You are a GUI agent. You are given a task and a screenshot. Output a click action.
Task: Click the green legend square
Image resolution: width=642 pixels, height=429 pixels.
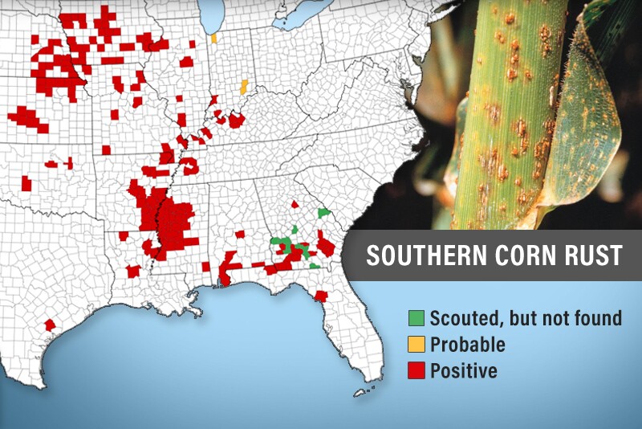tap(416, 318)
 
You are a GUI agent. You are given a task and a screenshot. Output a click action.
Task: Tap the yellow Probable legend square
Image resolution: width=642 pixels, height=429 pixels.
tap(416, 345)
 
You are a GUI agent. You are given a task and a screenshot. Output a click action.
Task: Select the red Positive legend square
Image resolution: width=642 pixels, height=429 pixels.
tap(416, 371)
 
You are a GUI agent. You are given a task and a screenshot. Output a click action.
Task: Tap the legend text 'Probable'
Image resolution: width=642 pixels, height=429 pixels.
tap(468, 345)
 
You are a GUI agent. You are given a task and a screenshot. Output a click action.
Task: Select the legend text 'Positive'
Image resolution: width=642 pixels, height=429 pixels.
tap(464, 371)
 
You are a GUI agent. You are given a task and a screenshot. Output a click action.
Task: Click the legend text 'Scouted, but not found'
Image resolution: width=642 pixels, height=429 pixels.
tap(526, 318)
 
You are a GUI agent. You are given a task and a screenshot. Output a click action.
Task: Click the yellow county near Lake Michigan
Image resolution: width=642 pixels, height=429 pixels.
tap(213, 38)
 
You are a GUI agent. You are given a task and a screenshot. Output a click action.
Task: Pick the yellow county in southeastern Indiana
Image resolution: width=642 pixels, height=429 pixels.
tap(243, 85)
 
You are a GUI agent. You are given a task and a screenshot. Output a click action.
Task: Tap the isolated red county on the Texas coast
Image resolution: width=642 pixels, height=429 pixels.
tap(50, 325)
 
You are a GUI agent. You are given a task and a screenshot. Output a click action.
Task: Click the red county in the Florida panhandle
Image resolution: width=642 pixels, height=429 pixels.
tap(321, 296)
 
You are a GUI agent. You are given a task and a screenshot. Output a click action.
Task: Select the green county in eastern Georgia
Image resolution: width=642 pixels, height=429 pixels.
tap(323, 212)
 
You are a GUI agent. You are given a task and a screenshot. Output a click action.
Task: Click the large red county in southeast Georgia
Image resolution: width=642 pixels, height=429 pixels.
tap(326, 244)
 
